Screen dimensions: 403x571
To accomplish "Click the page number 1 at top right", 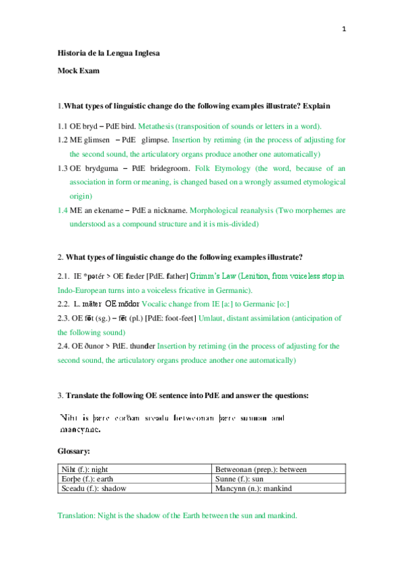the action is click(x=344, y=29).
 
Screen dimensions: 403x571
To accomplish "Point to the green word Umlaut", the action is click(x=211, y=318).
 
